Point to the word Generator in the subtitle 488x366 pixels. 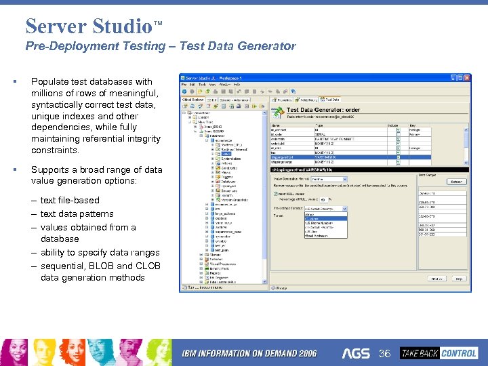(x=268, y=46)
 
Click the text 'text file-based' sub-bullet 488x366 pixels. (x=69, y=201)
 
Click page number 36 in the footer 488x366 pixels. (x=385, y=353)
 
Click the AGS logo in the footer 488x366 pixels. (x=356, y=353)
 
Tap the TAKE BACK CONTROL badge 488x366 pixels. (x=439, y=353)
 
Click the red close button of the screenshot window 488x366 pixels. (x=466, y=79)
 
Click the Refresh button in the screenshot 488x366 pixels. (x=455, y=182)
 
